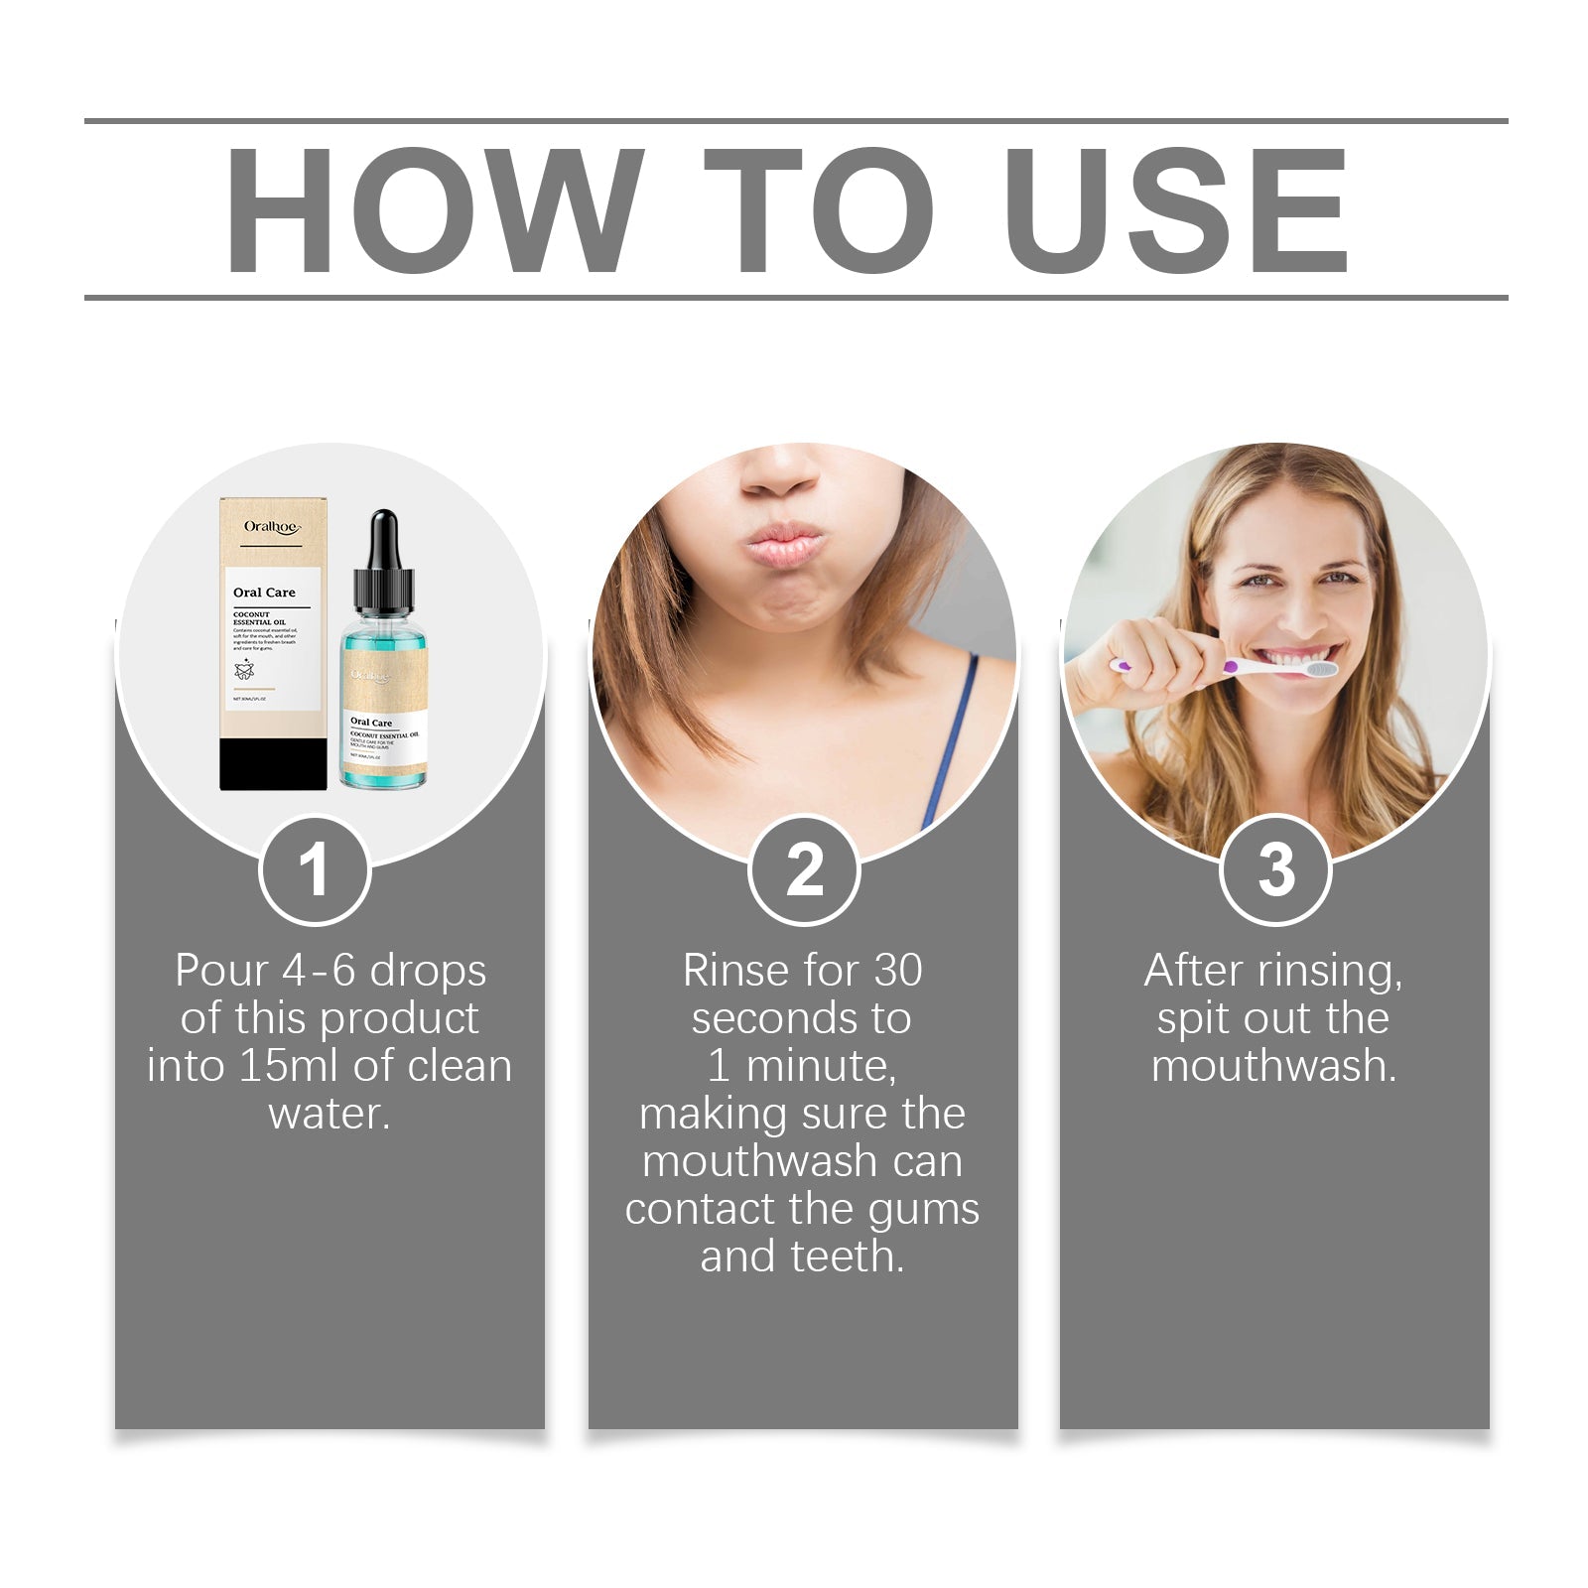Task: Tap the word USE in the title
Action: coord(1176,210)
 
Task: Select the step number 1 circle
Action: coord(315,870)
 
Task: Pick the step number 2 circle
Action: coord(804,870)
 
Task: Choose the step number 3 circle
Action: coord(1275,870)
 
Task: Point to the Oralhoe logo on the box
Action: coord(271,527)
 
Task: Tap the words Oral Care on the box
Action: coord(264,593)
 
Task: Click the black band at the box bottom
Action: coord(273,764)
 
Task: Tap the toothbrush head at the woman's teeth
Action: coord(1320,670)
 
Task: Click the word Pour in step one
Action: coord(221,971)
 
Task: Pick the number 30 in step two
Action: coord(897,971)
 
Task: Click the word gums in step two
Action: coord(924,1209)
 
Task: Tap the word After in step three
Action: coord(1194,971)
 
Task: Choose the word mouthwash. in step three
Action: coord(1274,1066)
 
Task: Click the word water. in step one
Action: coord(330,1114)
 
